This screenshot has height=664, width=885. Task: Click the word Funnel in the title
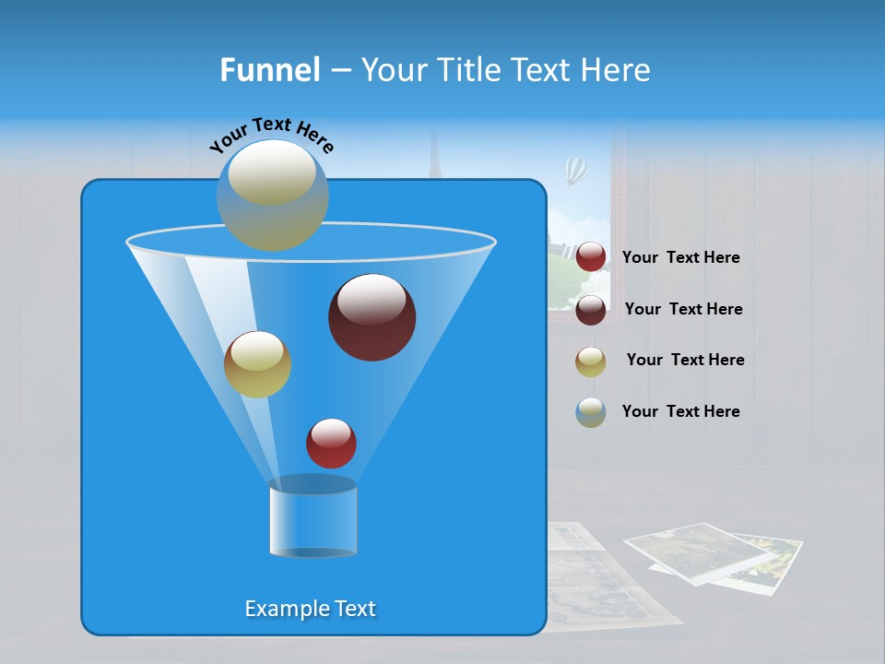pos(269,70)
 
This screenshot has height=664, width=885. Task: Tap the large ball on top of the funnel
pos(272,195)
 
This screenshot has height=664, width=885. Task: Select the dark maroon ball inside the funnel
pos(372,317)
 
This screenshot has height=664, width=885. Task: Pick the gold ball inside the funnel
pos(257,364)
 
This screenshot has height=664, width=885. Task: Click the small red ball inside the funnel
pos(331,443)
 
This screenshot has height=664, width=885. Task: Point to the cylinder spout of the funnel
pos(313,517)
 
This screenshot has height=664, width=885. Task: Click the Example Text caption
pos(310,609)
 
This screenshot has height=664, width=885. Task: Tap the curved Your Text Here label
pos(271,135)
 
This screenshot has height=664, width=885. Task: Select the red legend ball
pos(591,257)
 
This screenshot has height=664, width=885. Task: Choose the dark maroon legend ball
pos(591,309)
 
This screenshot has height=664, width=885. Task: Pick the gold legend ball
pos(591,361)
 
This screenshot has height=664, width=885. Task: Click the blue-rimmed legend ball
pos(591,412)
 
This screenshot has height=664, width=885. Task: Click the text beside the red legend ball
pos(680,257)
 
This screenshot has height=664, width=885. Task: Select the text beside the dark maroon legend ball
pos(683,309)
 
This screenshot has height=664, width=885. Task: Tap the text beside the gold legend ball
pos(685,360)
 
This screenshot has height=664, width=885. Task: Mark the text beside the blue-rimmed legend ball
pos(680,411)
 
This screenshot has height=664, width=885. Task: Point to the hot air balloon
pos(576,170)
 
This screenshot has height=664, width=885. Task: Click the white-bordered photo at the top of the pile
pos(698,551)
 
